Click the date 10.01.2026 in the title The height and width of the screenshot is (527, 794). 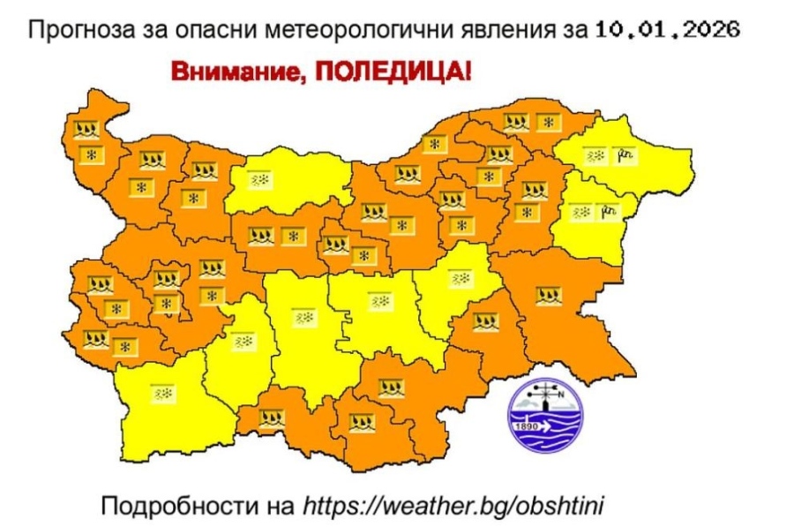[668, 30]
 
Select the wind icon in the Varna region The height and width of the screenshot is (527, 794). [607, 212]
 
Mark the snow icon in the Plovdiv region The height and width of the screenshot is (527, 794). [306, 317]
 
